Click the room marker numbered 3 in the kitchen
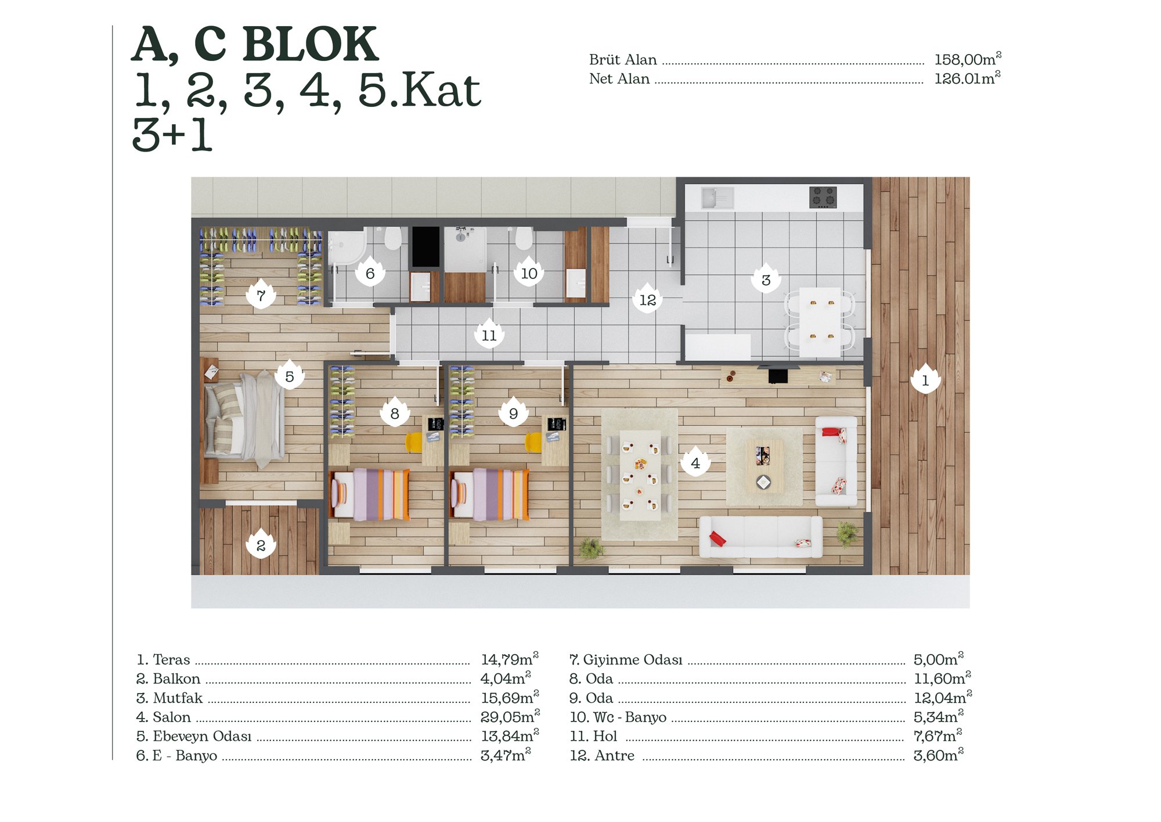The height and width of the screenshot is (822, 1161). pyautogui.click(x=766, y=279)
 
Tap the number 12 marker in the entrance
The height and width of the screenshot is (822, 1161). pyautogui.click(x=647, y=299)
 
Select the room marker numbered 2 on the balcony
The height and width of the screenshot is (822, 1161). pyautogui.click(x=261, y=544)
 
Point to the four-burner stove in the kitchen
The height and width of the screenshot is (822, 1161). pyautogui.click(x=823, y=197)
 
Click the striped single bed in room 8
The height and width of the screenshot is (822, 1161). pyautogui.click(x=370, y=494)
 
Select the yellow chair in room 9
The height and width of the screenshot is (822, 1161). pyautogui.click(x=533, y=442)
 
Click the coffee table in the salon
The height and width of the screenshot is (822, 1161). pyautogui.click(x=764, y=465)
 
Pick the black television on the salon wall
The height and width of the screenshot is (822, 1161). pyautogui.click(x=778, y=375)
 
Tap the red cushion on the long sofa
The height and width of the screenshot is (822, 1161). pyautogui.click(x=717, y=539)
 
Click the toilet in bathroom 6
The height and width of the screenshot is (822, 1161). pyautogui.click(x=393, y=238)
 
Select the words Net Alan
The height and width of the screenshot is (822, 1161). pyautogui.click(x=619, y=78)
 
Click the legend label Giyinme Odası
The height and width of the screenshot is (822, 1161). pyautogui.click(x=632, y=659)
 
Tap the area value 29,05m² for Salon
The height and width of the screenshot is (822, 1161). pyautogui.click(x=510, y=716)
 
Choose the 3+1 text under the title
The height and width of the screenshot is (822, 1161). pyautogui.click(x=172, y=135)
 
